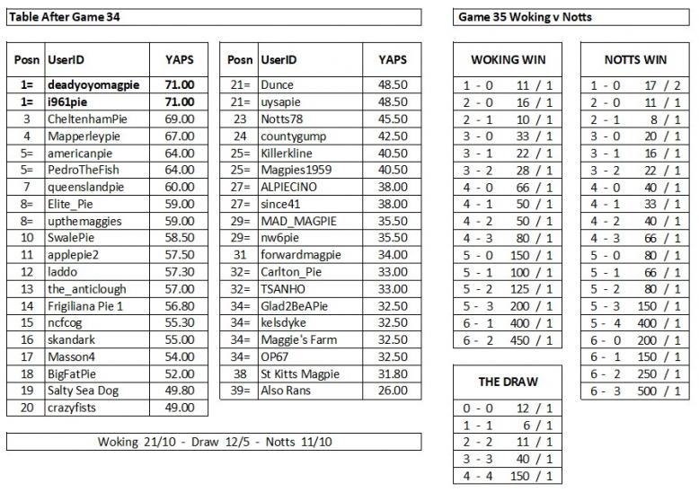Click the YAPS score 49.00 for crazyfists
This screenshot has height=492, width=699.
click(x=180, y=408)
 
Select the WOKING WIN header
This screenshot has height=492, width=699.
click(x=509, y=60)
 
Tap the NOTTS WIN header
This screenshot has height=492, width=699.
click(x=635, y=60)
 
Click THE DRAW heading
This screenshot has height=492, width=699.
click(x=509, y=382)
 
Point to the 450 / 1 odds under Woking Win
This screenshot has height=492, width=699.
click(x=533, y=340)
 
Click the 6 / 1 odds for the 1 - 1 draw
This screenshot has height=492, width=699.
click(x=533, y=426)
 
